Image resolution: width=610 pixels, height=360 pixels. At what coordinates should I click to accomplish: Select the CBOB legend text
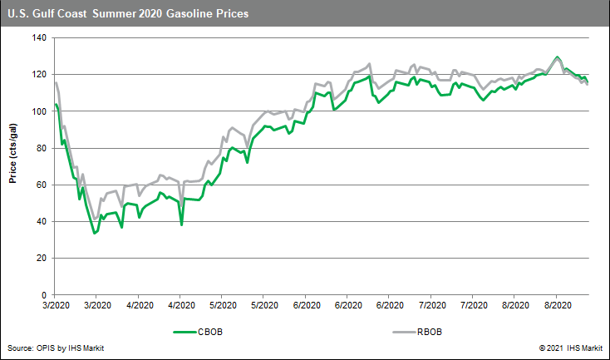pos(209,332)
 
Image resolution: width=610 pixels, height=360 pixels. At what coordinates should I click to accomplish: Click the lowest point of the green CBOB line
pos(95,233)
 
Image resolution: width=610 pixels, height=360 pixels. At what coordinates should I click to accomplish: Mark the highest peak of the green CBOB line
pos(557,57)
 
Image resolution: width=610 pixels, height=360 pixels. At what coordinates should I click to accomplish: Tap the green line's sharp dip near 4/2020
pos(181,224)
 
